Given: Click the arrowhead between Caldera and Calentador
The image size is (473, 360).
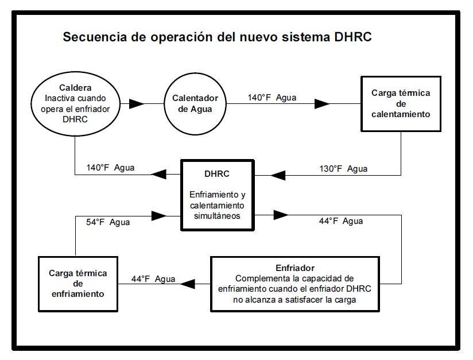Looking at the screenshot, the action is pyautogui.click(x=137, y=104).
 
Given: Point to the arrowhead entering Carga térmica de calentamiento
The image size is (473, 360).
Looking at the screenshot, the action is pyautogui.click(x=322, y=104).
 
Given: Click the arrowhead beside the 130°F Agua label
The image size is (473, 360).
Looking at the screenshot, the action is pyautogui.click(x=278, y=175).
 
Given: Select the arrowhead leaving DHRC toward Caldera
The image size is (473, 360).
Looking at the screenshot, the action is pyautogui.click(x=158, y=174).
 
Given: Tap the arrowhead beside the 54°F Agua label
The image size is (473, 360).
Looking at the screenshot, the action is pyautogui.click(x=159, y=216).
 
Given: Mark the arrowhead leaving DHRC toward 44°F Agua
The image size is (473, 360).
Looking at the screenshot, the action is pyautogui.click(x=281, y=215).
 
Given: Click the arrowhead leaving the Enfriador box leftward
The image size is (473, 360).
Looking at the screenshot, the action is pyautogui.click(x=187, y=284).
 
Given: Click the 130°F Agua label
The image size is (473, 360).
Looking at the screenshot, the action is pyautogui.click(x=343, y=169).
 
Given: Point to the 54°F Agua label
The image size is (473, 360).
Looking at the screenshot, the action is pyautogui.click(x=108, y=222).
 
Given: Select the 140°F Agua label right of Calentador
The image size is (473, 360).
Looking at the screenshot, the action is pyautogui.click(x=272, y=98).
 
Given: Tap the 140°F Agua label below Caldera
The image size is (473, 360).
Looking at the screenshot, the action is pyautogui.click(x=110, y=168).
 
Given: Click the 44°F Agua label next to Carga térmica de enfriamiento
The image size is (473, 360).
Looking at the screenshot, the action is pyautogui.click(x=153, y=279).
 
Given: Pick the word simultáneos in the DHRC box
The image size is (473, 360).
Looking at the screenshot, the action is pyautogui.click(x=217, y=216).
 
